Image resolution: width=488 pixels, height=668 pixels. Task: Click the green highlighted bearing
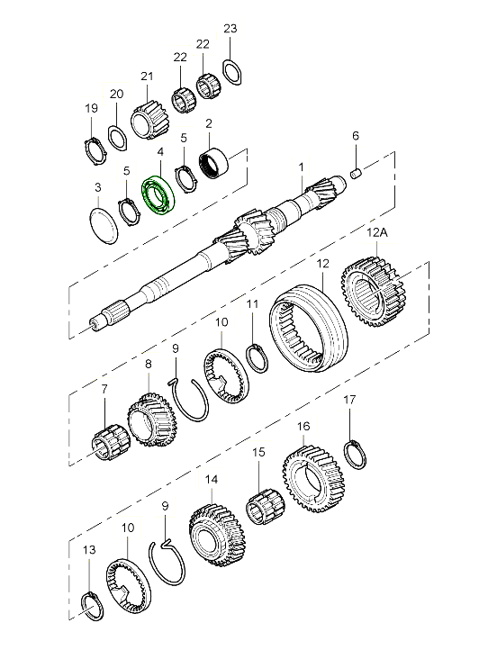click(x=159, y=195)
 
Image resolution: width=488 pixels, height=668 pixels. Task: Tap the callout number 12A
click(x=377, y=232)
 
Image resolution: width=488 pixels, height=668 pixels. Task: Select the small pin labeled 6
click(x=357, y=174)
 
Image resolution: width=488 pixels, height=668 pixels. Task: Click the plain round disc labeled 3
click(x=104, y=225)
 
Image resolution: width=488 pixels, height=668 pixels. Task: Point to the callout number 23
click(x=230, y=29)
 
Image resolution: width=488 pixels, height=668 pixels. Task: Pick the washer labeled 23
click(x=232, y=72)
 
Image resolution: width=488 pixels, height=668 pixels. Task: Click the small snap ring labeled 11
click(x=258, y=358)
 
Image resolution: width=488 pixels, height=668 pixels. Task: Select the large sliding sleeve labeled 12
click(x=310, y=327)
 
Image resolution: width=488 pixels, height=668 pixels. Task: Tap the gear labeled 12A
click(x=374, y=291)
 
